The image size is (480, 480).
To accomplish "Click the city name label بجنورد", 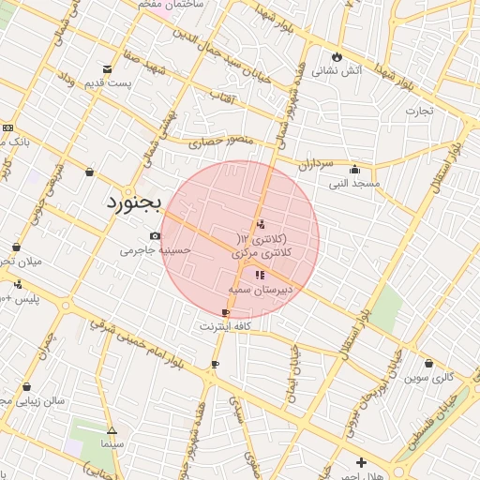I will [x=133, y=202].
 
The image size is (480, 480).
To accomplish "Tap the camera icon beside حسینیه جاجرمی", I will [x=155, y=236].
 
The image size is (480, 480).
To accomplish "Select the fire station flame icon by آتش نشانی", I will [x=337, y=55].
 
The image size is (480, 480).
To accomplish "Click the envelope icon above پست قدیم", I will [x=107, y=68].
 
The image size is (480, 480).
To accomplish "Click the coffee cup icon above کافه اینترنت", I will [x=225, y=312].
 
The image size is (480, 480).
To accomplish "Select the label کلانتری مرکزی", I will [x=262, y=253].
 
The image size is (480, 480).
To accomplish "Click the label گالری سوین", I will [x=429, y=378].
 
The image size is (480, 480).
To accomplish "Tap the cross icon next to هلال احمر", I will [x=361, y=462].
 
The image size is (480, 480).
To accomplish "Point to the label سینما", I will [x=112, y=442].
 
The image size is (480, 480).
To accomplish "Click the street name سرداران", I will [x=317, y=164].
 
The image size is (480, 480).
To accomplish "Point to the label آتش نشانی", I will [x=337, y=69].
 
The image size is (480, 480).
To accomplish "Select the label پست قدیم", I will [x=107, y=82].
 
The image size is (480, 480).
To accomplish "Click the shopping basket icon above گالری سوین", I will [x=428, y=364].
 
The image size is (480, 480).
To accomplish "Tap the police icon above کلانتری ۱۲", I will [x=261, y=224].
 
